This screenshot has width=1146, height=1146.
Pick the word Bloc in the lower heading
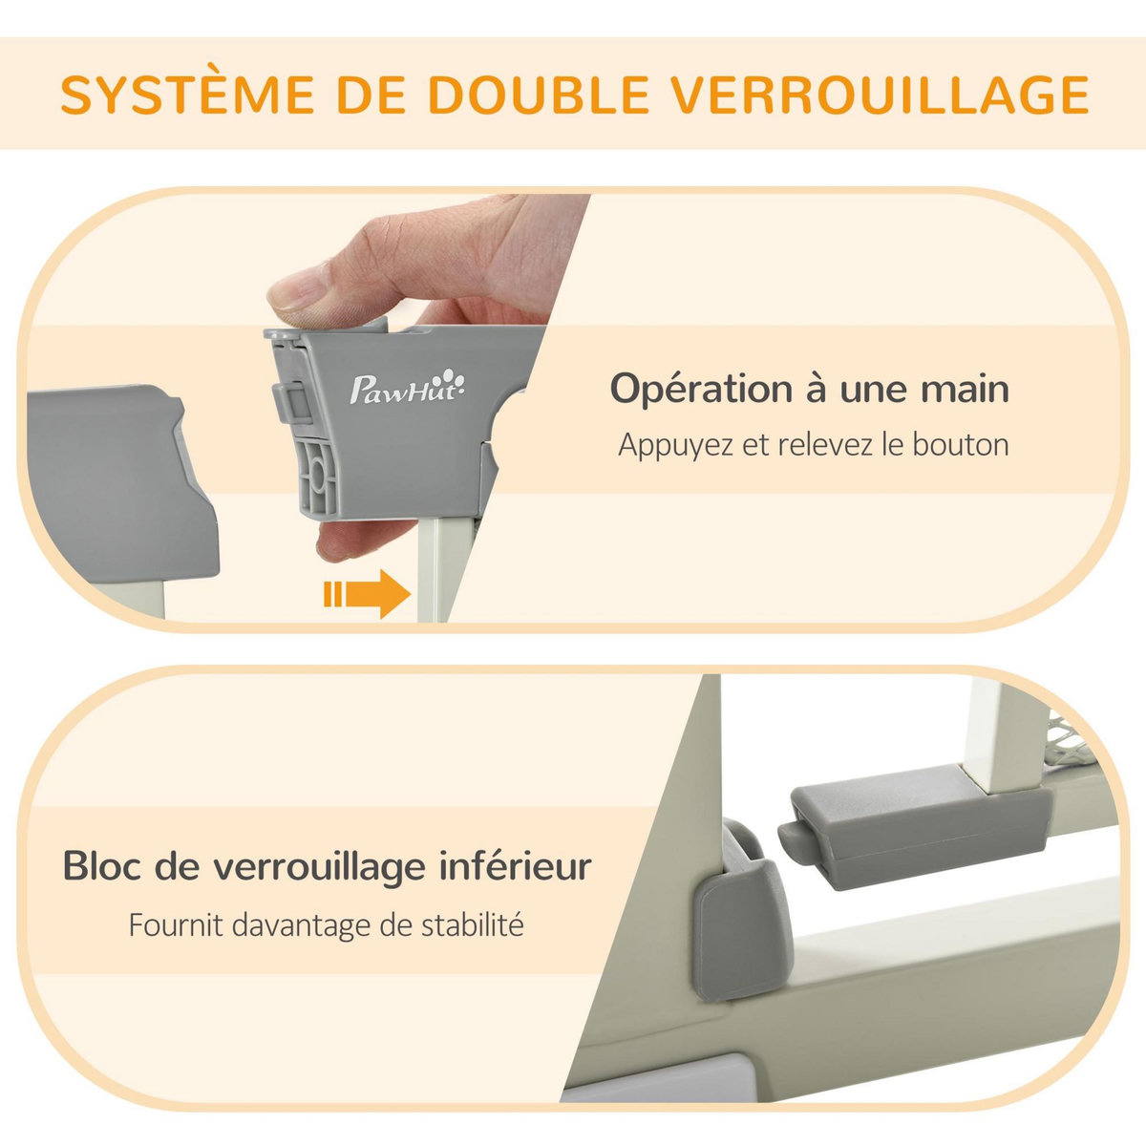(x=101, y=867)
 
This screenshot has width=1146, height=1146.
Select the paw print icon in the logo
(x=459, y=384)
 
